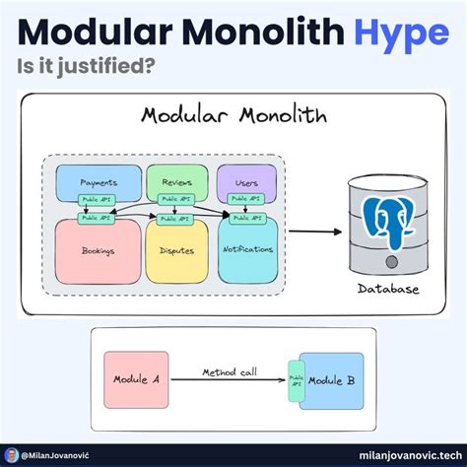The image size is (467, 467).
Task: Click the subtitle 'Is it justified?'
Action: pos(87,70)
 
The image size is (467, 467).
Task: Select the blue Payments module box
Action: pos(99,181)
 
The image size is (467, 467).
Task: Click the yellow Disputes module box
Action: pos(177,250)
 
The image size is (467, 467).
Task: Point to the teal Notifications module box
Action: pos(247,250)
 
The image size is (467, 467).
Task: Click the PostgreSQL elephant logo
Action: pos(387,221)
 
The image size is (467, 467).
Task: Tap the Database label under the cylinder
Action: pos(387,289)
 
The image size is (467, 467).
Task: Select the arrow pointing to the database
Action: pos(311,232)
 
